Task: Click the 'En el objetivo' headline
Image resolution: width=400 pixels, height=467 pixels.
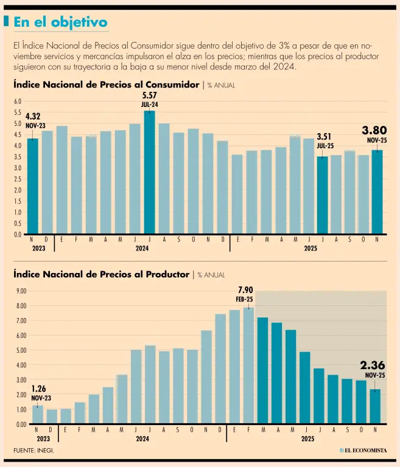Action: [60, 22]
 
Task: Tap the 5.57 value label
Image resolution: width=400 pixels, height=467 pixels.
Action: [150, 95]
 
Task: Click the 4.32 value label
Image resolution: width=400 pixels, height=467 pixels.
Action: [33, 116]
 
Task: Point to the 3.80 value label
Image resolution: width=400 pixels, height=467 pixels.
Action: [374, 130]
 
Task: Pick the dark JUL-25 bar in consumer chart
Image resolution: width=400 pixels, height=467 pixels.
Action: [322, 195]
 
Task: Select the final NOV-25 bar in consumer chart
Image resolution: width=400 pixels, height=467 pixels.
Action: [377, 192]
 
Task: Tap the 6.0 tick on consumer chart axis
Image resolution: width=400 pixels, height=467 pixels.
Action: [18, 102]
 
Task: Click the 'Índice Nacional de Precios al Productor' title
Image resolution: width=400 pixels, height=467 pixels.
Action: [101, 274]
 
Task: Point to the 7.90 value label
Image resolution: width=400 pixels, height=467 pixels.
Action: [245, 289]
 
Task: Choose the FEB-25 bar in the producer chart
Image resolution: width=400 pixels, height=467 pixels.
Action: [248, 365]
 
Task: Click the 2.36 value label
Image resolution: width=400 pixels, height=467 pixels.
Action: [372, 365]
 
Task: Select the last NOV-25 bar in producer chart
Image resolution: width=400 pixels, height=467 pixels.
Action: [375, 406]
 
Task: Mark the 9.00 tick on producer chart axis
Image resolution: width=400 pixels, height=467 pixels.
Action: [20, 291]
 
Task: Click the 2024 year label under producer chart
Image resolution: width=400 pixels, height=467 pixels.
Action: [142, 438]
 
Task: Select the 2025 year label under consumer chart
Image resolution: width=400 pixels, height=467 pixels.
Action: [311, 248]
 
